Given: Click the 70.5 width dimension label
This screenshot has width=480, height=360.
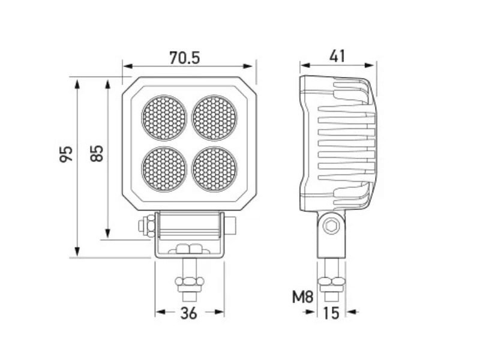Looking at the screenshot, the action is click(185, 58).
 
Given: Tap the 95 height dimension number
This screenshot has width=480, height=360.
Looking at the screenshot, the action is click(66, 154).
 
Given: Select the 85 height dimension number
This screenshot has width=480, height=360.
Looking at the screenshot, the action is click(97, 153).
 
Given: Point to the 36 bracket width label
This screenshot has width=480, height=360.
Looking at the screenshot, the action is click(188, 313).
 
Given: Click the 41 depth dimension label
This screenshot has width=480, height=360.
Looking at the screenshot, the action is click(337, 56).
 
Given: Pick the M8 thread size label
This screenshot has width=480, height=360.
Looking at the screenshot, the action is click(303, 296).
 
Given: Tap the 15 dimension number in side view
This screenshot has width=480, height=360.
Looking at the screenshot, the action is click(331, 313).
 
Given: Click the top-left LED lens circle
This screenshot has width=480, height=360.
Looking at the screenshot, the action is click(164, 118).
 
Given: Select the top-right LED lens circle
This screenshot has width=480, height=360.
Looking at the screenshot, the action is click(215, 118).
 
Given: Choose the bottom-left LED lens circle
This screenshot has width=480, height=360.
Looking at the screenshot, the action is click(164, 169).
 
